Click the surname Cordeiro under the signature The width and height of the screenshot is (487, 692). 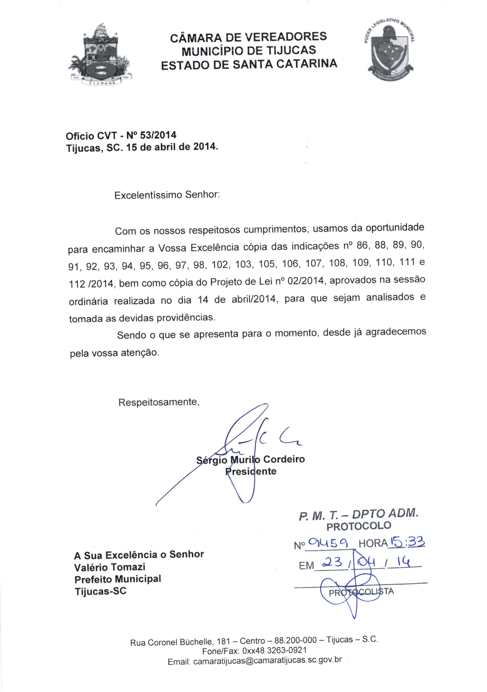click(284, 459)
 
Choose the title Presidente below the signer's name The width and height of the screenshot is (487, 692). click(251, 471)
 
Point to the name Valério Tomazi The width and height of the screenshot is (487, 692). click(110, 567)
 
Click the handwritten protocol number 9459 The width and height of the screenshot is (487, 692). click(329, 543)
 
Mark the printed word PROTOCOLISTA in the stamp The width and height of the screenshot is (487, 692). click(361, 592)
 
